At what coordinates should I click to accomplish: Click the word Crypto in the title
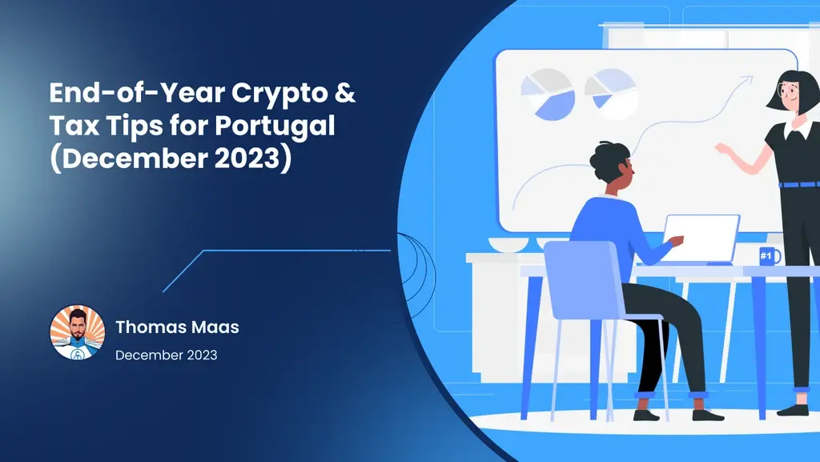[x=279, y=94]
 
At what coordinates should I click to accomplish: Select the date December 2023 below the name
[x=166, y=355]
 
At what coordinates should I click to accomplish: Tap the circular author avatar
[x=78, y=333]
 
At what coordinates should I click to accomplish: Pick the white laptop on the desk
[x=702, y=238]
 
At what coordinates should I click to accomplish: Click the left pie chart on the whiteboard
[x=547, y=93]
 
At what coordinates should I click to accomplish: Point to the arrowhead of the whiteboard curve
[x=748, y=78]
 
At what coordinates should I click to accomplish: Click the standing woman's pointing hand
[x=722, y=149]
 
